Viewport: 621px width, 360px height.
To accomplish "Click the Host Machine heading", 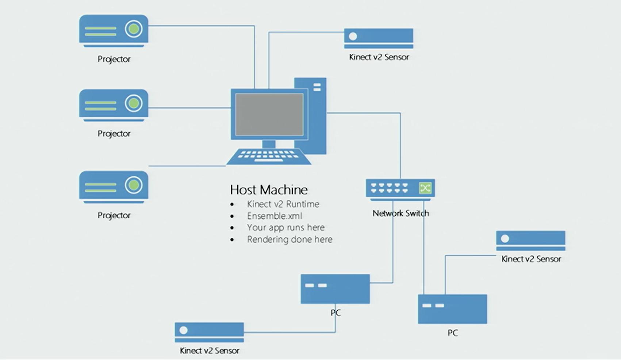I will pyautogui.click(x=269, y=190).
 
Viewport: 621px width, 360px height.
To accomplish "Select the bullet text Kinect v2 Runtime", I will pyautogui.click(x=283, y=204).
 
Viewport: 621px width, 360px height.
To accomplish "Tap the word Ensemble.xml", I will pyautogui.click(x=274, y=216).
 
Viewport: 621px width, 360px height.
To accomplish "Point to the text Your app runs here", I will pyautogui.click(x=285, y=227).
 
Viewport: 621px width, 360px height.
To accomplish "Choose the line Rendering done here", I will pyautogui.click(x=290, y=240).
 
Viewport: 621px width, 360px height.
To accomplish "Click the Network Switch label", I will pyautogui.click(x=400, y=213).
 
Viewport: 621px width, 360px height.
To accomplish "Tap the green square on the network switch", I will pyautogui.click(x=425, y=188).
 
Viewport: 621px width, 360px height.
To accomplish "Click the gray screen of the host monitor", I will pyautogui.click(x=269, y=114).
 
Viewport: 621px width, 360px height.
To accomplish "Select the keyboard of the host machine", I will pyautogui.click(x=268, y=156).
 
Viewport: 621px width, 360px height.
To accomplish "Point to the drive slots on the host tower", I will pyautogui.click(x=317, y=87).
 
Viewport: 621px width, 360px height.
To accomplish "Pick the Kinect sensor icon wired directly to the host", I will pyautogui.click(x=379, y=38).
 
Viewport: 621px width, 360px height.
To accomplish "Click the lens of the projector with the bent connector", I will pyautogui.click(x=134, y=29).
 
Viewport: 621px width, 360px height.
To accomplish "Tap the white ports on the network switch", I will pyautogui.click(x=389, y=188).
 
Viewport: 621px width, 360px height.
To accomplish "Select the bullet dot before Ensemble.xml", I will pyautogui.click(x=232, y=217).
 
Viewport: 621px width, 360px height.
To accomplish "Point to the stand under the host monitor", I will pyautogui.click(x=269, y=144).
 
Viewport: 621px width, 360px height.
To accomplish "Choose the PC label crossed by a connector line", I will pyautogui.click(x=336, y=313).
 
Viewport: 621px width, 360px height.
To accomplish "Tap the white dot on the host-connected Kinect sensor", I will pyautogui.click(x=353, y=36).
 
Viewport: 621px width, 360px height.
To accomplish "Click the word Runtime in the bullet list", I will pyautogui.click(x=303, y=204).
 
